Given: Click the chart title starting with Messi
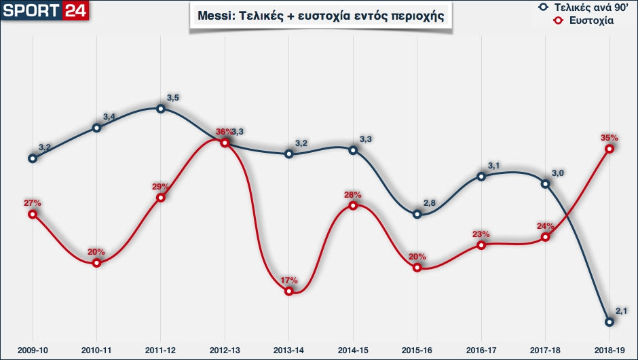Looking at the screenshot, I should [321, 16].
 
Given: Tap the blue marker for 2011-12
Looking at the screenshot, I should [161, 108].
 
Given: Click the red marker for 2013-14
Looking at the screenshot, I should [289, 291].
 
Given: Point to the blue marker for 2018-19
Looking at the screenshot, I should [609, 321].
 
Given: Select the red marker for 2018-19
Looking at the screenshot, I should [609, 148].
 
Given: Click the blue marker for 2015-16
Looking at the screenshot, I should [417, 214].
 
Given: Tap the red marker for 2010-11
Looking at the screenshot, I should [96, 262].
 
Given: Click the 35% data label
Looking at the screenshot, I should [609, 137].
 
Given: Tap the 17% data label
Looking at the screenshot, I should [289, 280].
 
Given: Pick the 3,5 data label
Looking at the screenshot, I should [172, 98].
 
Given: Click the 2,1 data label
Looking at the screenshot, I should [622, 311].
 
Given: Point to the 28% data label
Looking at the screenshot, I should [353, 194].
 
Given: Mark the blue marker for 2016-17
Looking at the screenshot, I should [481, 176].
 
